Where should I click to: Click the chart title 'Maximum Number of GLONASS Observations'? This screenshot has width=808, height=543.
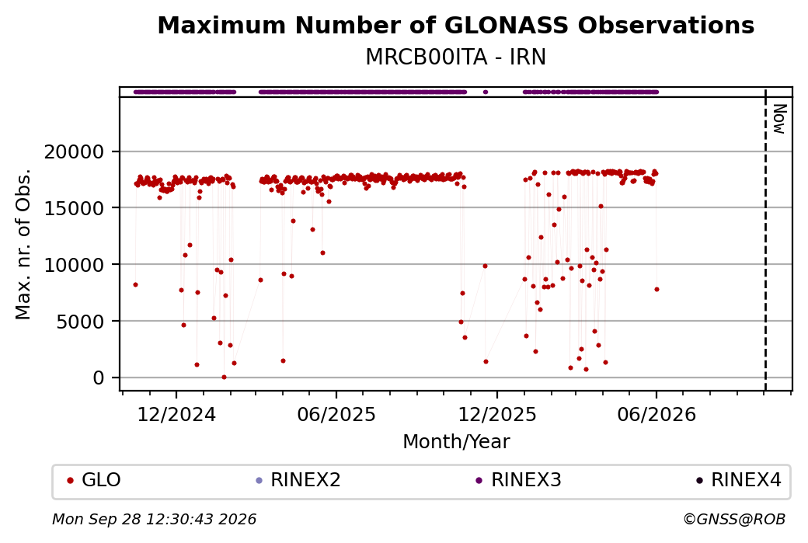pos(455,26)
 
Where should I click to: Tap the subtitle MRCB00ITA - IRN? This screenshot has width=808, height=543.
pos(455,57)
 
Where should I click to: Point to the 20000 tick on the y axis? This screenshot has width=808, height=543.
pos(75,152)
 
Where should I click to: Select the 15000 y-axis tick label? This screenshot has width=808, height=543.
pos(75,208)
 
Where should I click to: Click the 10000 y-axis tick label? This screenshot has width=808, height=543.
pos(75,265)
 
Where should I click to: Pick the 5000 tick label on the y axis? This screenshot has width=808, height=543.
pos(80,322)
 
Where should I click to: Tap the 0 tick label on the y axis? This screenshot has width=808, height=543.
pos(99,378)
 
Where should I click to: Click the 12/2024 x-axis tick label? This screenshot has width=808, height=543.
pos(176,414)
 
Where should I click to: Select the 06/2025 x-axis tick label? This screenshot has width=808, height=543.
pos(336,414)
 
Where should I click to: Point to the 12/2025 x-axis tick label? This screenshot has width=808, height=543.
pos(497,414)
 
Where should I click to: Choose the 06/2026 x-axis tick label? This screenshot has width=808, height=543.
pos(656,414)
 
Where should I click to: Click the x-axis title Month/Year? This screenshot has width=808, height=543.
pos(456,441)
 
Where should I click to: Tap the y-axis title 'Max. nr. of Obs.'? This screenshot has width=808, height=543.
pos(23,244)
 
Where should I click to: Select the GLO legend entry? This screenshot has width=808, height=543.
pos(94,480)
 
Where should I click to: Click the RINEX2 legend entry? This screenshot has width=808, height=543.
pos(298,480)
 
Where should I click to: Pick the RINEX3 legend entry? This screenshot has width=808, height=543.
pos(519,480)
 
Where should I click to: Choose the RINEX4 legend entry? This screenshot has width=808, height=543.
pos(739,480)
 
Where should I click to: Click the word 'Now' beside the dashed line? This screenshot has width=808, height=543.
pos(780,119)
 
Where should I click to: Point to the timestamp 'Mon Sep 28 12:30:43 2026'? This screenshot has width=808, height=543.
pos(155,519)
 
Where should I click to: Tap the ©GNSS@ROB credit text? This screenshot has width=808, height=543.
pos(734,519)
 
